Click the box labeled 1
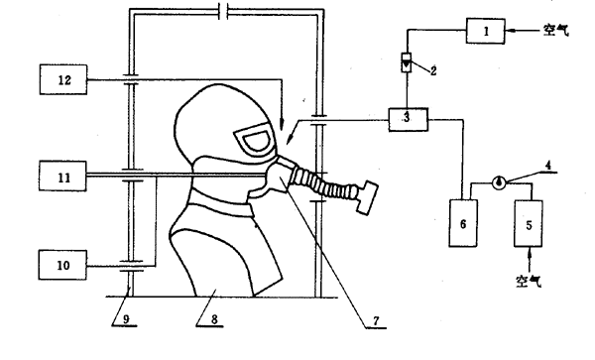(485, 31)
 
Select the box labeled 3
(409, 119)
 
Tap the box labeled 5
(529, 223)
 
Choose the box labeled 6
(463, 223)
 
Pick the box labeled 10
(62, 265)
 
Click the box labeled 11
(62, 176)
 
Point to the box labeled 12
(63, 79)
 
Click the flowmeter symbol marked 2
(407, 62)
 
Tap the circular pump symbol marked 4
(499, 182)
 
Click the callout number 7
(376, 321)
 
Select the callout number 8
(214, 319)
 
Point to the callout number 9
(126, 319)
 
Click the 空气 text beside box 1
(556, 30)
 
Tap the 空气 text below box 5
(529, 281)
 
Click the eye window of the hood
(255, 140)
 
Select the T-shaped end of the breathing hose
(366, 196)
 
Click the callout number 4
(548, 166)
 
